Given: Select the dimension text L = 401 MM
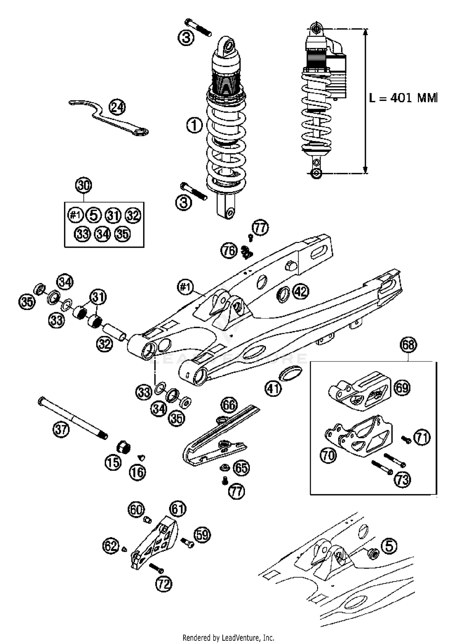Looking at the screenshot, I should coord(403,98).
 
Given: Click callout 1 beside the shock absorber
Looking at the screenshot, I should coord(194,125).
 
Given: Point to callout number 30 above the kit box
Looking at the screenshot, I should coord(84,185).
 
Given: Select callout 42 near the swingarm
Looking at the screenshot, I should coord(301,291).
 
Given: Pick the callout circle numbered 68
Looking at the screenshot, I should coord(408,345).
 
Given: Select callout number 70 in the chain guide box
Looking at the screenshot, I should coord(328,455).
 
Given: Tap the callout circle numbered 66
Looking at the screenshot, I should coord(229,405).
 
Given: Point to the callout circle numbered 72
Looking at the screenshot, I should coord(164,584).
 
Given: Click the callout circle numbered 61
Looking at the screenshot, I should coord(178,509).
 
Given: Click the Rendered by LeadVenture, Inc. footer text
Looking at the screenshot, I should coord(228,637).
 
